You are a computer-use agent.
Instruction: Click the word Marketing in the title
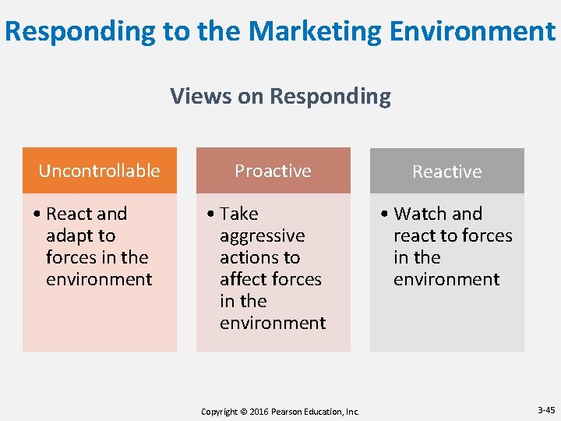click(x=316, y=31)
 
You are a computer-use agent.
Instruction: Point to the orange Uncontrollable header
click(x=99, y=171)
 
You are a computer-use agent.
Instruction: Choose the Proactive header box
click(x=273, y=171)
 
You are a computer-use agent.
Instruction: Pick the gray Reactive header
click(x=446, y=172)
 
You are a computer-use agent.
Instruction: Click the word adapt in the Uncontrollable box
click(x=80, y=235)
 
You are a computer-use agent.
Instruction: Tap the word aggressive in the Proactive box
click(x=262, y=235)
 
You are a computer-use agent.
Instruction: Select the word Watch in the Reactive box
click(x=420, y=214)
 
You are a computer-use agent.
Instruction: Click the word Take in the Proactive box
click(x=238, y=214)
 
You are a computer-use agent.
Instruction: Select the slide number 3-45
click(x=545, y=410)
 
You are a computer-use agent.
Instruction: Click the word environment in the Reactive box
click(x=446, y=279)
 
